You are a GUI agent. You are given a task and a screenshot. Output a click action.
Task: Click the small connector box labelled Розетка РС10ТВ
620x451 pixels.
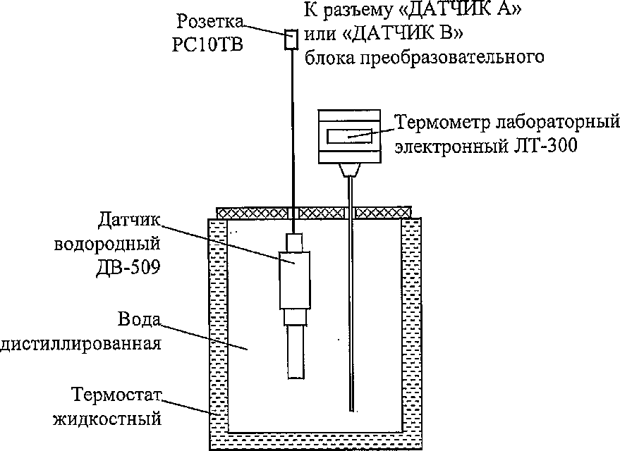click(x=290, y=39)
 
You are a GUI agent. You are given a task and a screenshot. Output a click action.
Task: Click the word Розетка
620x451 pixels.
click(x=205, y=20)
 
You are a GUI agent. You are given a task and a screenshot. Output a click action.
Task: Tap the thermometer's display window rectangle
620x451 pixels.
click(x=351, y=134)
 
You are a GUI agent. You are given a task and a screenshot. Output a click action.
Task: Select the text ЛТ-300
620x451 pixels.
click(x=550, y=147)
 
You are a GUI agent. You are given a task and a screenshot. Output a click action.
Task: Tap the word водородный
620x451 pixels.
click(x=109, y=245)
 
